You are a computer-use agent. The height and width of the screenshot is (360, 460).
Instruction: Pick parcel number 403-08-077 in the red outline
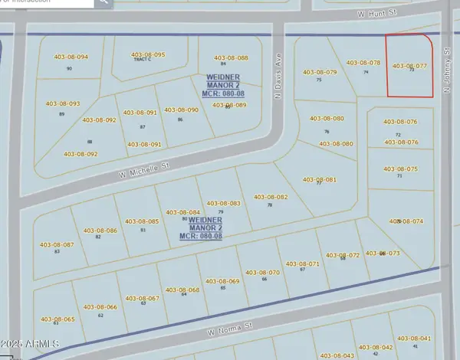tap(409, 66)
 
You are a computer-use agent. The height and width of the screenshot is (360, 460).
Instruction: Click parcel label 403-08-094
tap(71, 57)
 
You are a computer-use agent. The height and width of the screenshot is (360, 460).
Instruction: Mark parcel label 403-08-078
tap(363, 63)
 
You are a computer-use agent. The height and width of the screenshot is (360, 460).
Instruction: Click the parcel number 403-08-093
tap(62, 103)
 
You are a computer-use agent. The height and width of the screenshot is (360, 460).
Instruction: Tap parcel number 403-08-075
tap(400, 169)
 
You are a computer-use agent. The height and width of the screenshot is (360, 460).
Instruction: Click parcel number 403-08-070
tap(262, 272)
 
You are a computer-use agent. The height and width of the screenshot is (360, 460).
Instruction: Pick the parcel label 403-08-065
tap(58, 319)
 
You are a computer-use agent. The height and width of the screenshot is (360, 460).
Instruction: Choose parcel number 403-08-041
tap(415, 338)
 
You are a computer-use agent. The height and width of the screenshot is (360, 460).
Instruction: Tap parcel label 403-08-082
tap(271, 197)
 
